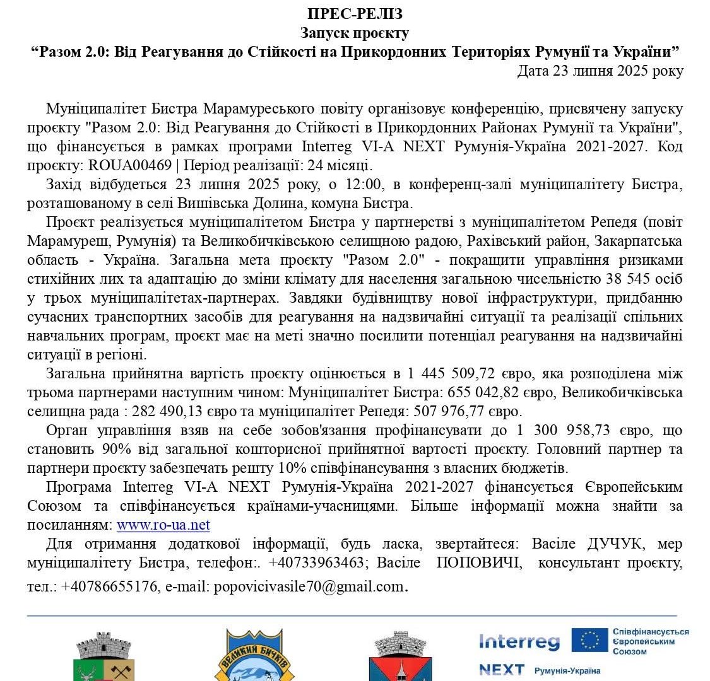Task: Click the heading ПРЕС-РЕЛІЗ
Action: point(355,14)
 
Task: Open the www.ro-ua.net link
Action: point(163,525)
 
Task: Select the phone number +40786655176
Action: point(109,586)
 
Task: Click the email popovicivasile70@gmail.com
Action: point(308,586)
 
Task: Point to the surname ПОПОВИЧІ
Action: point(479,562)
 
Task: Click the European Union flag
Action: point(589,639)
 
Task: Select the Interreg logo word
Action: point(519,641)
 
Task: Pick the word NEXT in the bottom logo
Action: point(501,670)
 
